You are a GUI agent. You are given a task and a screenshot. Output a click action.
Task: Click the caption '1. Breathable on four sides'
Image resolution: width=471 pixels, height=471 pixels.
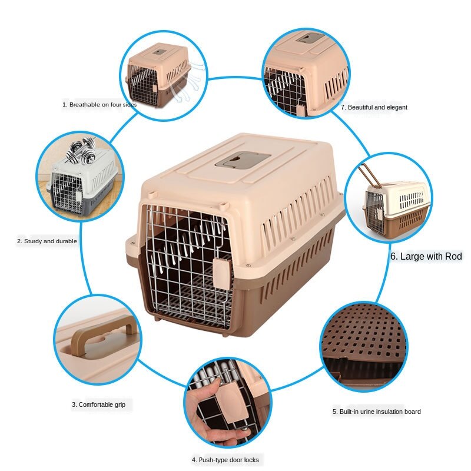(x=99, y=104)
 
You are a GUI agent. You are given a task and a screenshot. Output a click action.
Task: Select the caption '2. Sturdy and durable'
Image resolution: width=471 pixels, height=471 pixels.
(x=47, y=241)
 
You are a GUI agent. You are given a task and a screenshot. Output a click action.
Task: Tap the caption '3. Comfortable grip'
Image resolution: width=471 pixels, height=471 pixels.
(x=99, y=404)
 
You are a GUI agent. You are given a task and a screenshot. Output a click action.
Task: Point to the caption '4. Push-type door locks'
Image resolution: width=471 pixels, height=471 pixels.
(x=225, y=459)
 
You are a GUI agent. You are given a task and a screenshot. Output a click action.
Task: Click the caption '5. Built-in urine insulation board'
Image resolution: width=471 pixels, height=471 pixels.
(x=376, y=412)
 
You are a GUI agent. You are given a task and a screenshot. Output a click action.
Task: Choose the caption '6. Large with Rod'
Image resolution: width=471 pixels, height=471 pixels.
(x=426, y=256)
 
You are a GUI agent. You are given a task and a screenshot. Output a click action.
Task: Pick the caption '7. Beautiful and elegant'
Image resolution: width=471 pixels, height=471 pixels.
(x=374, y=107)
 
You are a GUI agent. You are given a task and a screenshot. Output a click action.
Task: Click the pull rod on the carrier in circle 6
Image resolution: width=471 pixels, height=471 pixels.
(x=369, y=174)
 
